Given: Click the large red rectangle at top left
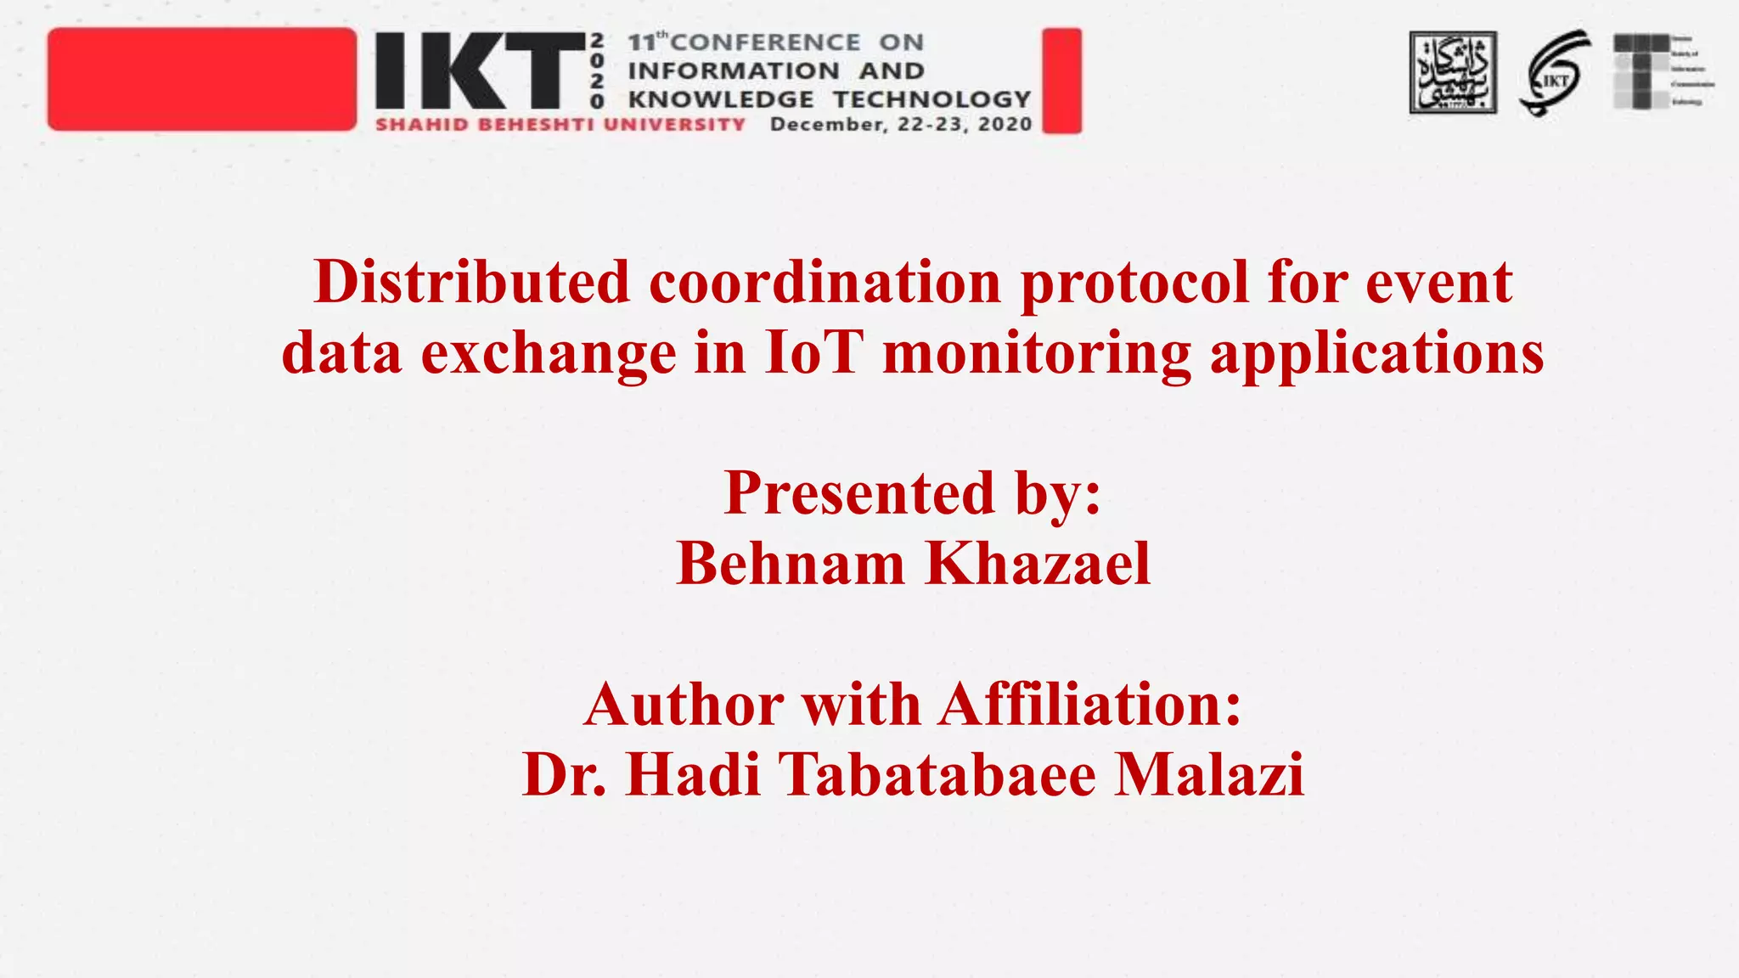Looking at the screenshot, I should (202, 79).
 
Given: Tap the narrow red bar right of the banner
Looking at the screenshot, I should (1061, 81).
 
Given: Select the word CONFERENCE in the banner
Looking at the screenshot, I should (765, 42).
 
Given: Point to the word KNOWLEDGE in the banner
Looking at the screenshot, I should (721, 99).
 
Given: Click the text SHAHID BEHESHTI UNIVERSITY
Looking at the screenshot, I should (560, 125).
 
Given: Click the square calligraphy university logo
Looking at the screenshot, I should (1453, 73).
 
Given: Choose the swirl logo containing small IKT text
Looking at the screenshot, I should (1554, 73).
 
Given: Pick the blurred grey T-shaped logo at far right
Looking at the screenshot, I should (1643, 71).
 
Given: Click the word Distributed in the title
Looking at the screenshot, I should (472, 282).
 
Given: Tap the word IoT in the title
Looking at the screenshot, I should (813, 353).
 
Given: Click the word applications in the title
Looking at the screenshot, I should (1376, 353).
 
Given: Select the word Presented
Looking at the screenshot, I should (858, 493).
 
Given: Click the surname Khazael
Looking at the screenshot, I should (1038, 564).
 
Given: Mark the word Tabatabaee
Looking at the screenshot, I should (937, 774).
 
